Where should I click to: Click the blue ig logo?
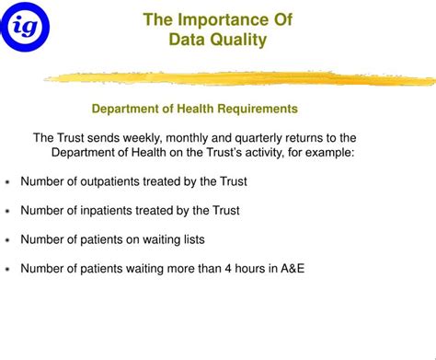click(x=25, y=25)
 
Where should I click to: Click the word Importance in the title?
click(x=215, y=19)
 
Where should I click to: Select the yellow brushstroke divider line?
click(x=239, y=79)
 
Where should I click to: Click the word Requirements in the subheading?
click(x=254, y=109)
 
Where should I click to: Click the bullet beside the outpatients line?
click(x=7, y=182)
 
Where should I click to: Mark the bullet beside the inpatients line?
click(x=7, y=212)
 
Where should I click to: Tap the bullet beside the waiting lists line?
click(x=7, y=240)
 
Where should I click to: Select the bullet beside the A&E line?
click(x=7, y=270)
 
